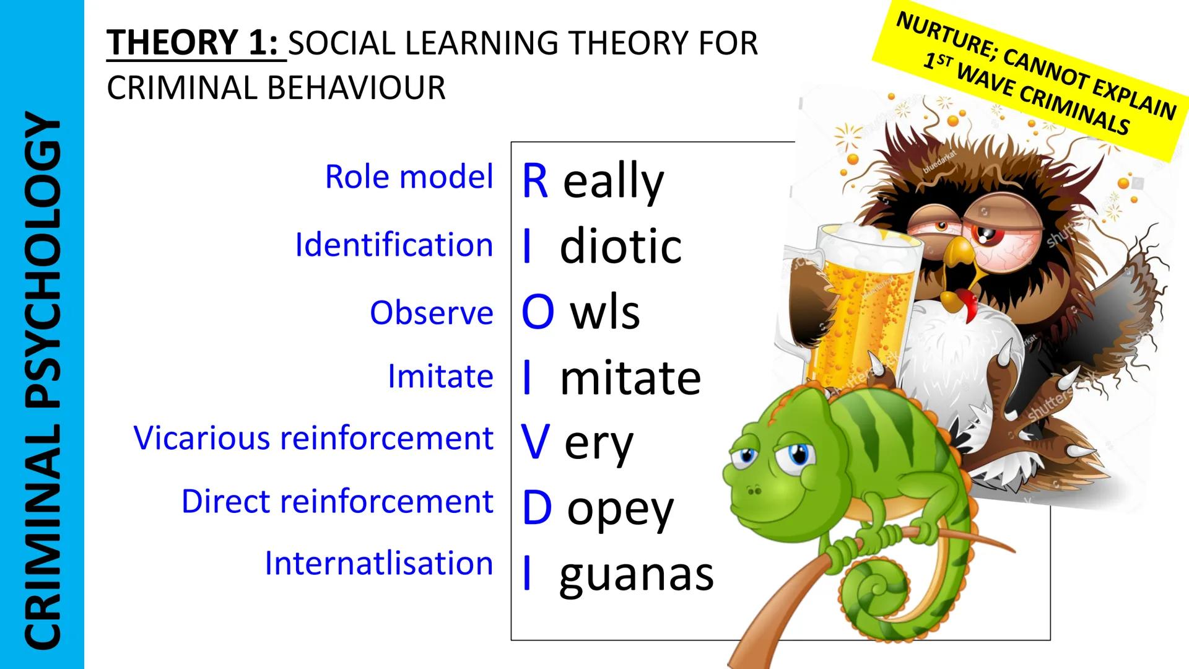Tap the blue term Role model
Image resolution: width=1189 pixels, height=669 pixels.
coord(409,177)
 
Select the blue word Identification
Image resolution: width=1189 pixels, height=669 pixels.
coord(394,245)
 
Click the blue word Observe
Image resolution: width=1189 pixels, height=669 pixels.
coord(432,313)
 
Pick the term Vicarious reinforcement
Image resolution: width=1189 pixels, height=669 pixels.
coord(314,438)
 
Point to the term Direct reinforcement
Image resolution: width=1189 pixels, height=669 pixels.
coord(338,501)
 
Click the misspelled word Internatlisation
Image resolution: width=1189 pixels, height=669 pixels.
coord(379,564)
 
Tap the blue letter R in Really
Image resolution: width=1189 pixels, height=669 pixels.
coord(535,181)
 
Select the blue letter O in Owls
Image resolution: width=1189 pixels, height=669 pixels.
coord(538,312)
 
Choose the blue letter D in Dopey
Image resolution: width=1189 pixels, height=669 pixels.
coord(537,508)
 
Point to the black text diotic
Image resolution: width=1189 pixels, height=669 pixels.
coord(621,245)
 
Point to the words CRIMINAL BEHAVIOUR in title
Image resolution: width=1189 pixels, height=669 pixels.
coord(276,88)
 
